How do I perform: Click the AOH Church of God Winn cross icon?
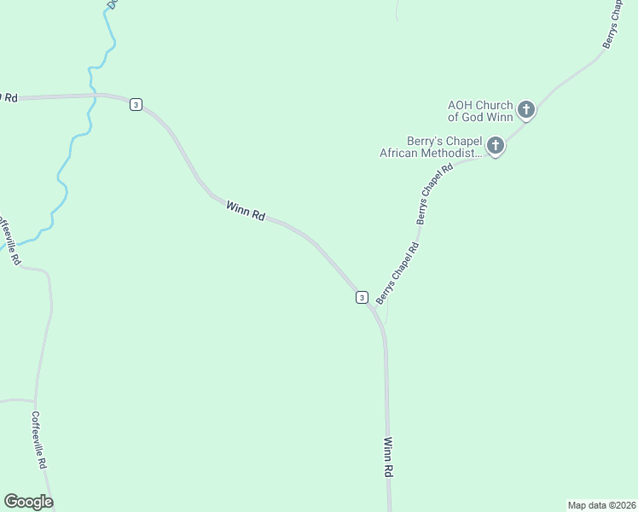[526, 109]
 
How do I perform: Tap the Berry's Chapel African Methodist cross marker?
[496, 147]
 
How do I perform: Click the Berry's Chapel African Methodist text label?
[432, 147]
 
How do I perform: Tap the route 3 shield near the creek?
[136, 104]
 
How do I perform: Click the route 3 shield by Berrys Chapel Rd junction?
[362, 297]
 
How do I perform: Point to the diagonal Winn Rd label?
[245, 211]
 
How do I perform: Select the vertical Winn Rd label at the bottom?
[388, 457]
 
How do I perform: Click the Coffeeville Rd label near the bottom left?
[38, 440]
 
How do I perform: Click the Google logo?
[28, 502]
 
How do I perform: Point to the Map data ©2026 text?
[601, 505]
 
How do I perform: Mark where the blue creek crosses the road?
[92, 96]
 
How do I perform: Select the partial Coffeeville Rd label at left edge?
[9, 241]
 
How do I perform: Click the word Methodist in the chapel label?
[457, 154]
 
